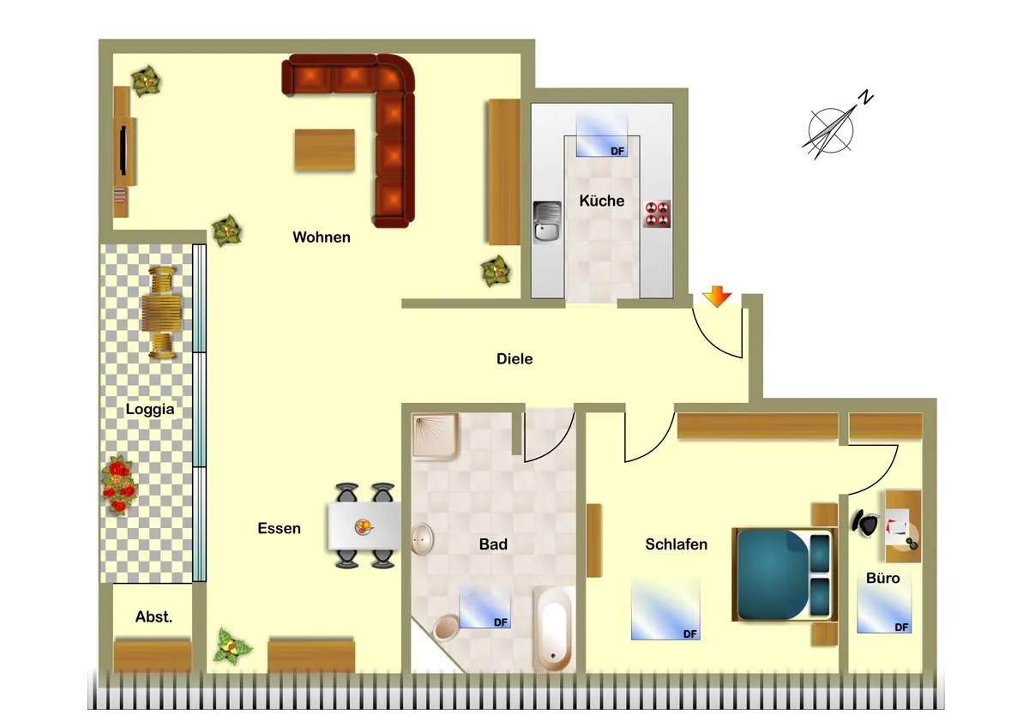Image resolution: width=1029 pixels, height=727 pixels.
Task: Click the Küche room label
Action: pyautogui.click(x=601, y=201)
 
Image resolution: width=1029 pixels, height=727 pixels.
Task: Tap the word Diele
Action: pyautogui.click(x=514, y=358)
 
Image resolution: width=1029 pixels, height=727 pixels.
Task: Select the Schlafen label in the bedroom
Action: pyautogui.click(x=677, y=544)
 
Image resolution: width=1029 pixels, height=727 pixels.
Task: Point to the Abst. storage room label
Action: pyautogui.click(x=153, y=616)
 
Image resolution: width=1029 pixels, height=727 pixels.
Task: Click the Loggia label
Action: pyautogui.click(x=150, y=409)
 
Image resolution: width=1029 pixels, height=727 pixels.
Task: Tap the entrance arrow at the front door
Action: pyautogui.click(x=717, y=297)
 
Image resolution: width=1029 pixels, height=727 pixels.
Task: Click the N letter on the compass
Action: pyautogui.click(x=866, y=98)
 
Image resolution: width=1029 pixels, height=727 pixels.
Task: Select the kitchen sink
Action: pyautogui.click(x=547, y=222)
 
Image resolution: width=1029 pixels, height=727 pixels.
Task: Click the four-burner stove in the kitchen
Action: pyautogui.click(x=658, y=214)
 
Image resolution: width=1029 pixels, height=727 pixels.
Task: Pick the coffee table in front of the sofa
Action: pyautogui.click(x=325, y=150)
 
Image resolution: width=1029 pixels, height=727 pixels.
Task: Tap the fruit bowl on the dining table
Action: pyautogui.click(x=364, y=526)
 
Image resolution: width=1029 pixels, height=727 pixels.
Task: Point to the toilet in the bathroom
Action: pyautogui.click(x=446, y=628)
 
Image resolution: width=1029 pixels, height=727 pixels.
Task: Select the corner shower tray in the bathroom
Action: pyautogui.click(x=435, y=436)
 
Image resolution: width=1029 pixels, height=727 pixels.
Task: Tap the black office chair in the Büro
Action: pyautogui.click(x=865, y=523)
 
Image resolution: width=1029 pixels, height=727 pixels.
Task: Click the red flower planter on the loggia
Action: pyautogui.click(x=119, y=485)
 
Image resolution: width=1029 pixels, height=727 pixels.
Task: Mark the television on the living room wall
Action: pyautogui.click(x=123, y=150)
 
